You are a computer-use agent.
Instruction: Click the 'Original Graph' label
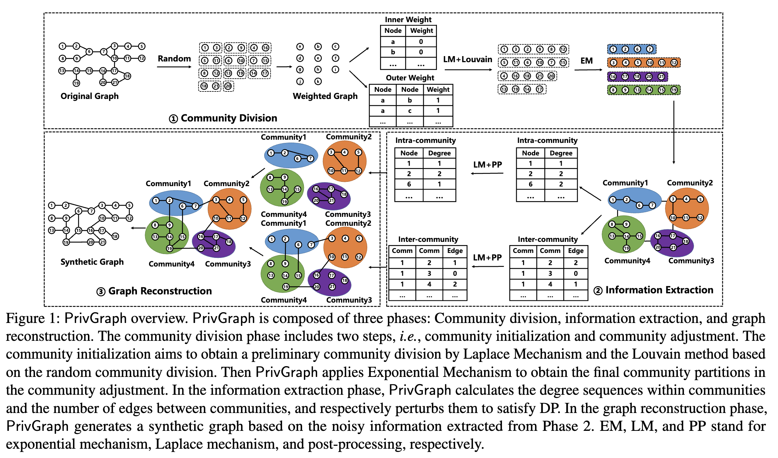(x=89, y=96)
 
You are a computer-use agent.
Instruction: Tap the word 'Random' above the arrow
(x=174, y=59)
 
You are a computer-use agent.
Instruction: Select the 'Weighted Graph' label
(x=325, y=96)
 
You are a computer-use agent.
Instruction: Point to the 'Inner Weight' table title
(x=408, y=20)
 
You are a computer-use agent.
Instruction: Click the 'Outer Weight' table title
(x=410, y=78)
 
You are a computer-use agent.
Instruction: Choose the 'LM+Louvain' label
(x=467, y=59)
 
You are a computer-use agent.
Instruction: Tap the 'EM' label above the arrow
(x=586, y=61)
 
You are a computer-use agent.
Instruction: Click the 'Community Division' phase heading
(x=228, y=118)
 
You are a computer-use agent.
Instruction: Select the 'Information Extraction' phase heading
(x=659, y=290)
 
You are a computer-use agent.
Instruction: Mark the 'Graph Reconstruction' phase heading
(x=160, y=291)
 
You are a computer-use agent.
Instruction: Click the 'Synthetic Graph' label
(x=92, y=262)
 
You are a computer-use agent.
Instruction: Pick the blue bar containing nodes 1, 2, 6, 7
(x=632, y=49)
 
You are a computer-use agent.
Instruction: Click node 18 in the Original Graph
(x=127, y=76)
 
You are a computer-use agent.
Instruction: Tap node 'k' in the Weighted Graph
(x=318, y=81)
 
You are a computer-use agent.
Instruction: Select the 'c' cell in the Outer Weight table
(x=410, y=111)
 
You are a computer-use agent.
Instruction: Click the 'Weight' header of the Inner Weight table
(x=421, y=31)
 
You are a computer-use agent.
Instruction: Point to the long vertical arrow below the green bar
(x=674, y=132)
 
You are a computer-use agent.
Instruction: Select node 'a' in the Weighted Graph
(x=300, y=47)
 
